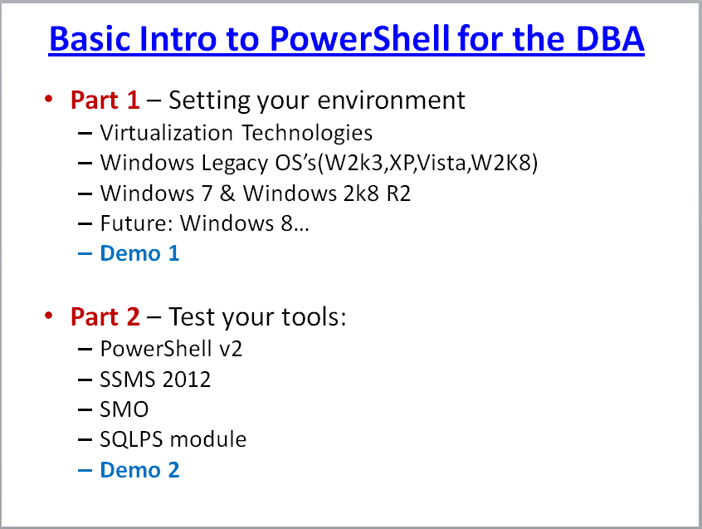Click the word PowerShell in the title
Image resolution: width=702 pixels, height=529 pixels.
coord(359,38)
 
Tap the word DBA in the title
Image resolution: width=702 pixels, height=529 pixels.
coord(610,38)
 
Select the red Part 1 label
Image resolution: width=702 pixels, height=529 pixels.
coord(105,100)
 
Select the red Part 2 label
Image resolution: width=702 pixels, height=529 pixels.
coord(105,317)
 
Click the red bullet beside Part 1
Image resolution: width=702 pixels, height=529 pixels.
coord(49,99)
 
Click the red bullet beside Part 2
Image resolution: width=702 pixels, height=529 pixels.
coord(49,316)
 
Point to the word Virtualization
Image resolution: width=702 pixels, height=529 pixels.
coord(167,133)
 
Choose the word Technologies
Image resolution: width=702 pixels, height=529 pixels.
coord(307,133)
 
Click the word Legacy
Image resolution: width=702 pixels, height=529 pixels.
coord(235,163)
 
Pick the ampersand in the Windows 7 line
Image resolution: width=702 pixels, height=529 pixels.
coord(227,193)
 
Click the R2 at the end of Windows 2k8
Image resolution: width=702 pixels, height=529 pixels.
coord(398,193)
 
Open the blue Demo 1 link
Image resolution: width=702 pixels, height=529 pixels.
coord(139,253)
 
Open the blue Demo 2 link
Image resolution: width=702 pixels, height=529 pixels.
coord(139,470)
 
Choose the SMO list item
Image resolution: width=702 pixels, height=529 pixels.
coord(124,409)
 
